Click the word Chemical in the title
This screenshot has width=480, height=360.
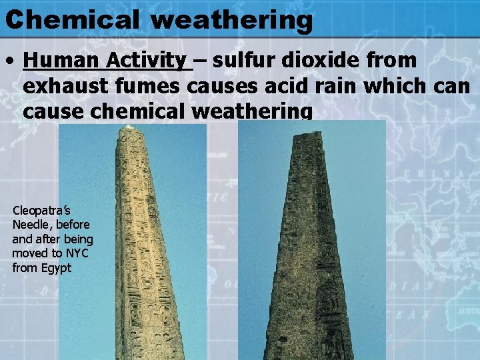pyautogui.click(x=73, y=19)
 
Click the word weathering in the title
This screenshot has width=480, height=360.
pyautogui.click(x=231, y=20)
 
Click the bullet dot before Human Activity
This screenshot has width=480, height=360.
pyautogui.click(x=10, y=62)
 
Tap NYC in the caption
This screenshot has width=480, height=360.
pyautogui.click(x=78, y=253)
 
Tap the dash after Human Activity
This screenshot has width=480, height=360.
pyautogui.click(x=200, y=61)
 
